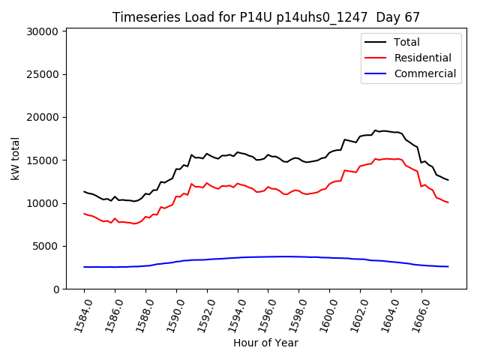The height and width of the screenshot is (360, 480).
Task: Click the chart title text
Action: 266,16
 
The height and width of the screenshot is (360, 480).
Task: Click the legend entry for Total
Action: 406,42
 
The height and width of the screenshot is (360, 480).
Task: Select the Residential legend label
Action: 422,58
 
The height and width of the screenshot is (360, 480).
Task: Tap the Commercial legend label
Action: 424,73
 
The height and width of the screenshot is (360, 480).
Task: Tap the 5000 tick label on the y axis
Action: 46,246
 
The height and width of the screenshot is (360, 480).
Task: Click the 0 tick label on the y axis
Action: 56,289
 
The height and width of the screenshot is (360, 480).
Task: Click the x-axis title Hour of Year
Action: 265,343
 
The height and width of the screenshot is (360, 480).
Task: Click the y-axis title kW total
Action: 15,159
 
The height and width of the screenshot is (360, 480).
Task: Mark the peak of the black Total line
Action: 376,130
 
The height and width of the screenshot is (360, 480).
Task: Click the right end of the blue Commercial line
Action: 448,266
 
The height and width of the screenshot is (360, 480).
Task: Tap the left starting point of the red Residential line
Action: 84,214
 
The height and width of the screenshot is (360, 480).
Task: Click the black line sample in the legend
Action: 376,42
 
